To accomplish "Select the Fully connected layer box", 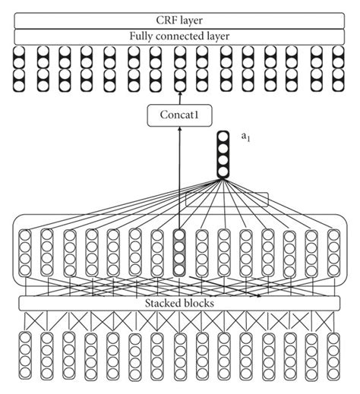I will coord(179,36).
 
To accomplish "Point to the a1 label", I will coord(246,137).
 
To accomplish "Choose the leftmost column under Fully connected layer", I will coord(20,68).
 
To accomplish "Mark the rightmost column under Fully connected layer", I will coord(337,68).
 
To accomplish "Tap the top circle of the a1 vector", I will coord(223,137).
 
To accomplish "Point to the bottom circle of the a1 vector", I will coord(223,173).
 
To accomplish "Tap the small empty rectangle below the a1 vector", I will coord(227,198).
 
